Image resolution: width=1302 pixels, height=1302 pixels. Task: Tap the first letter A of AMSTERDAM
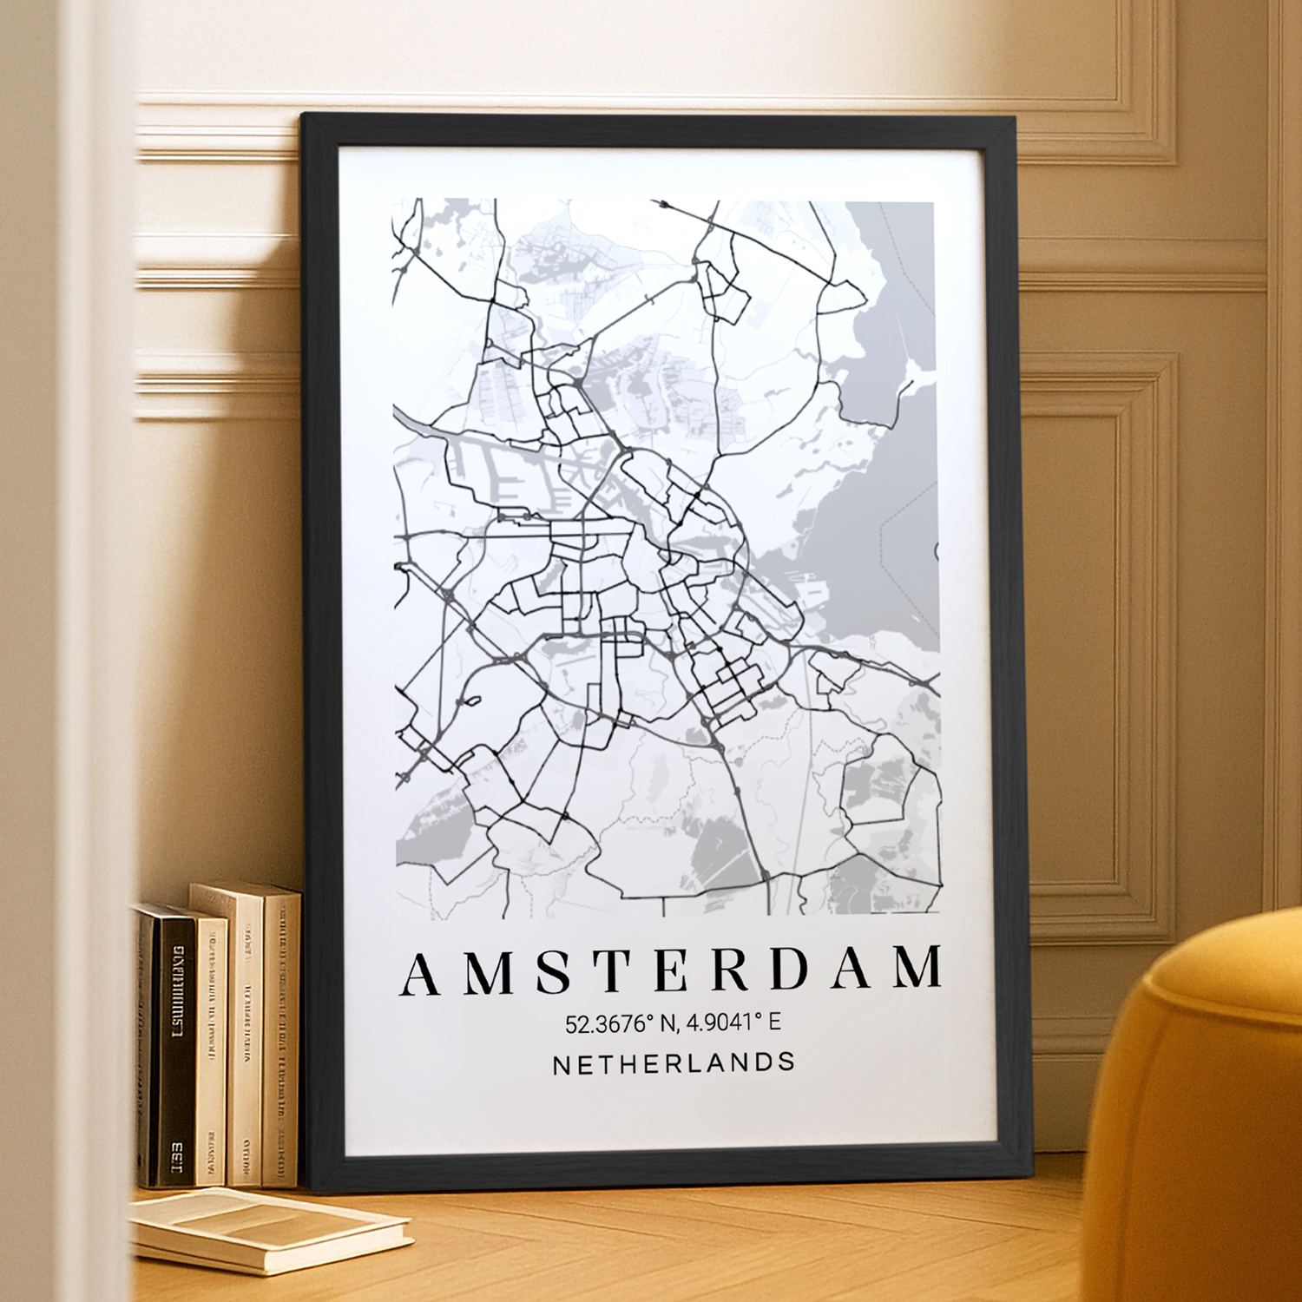[x=422, y=973]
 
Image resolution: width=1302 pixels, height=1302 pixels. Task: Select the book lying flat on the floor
[x=269, y=1228]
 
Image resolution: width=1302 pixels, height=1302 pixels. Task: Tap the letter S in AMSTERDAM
[x=552, y=972]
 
